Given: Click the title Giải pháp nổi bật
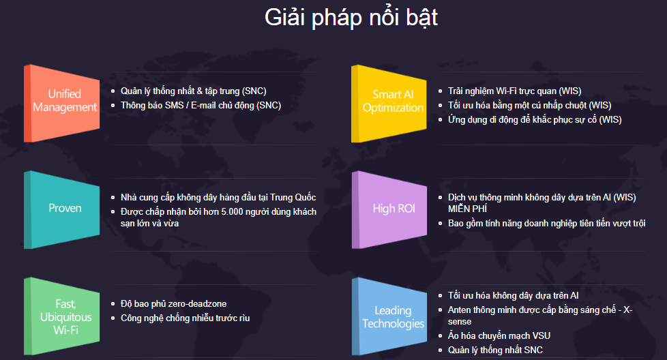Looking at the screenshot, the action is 351,18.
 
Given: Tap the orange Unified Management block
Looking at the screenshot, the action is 62,103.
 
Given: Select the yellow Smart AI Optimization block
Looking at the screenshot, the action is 389,103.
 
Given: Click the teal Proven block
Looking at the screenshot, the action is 62,209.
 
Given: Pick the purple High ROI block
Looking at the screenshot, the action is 389,209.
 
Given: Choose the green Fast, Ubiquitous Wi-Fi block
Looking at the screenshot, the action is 62,316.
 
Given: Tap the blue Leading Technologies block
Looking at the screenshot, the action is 389,316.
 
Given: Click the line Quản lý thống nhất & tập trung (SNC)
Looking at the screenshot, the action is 194,91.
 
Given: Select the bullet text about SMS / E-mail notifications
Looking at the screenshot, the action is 201,106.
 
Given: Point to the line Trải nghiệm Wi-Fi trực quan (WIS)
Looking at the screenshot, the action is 515,91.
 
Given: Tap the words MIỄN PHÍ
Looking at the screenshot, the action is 467,209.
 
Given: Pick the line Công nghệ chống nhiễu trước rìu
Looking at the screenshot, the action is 185,318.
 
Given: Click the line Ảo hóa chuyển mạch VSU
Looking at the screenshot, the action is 499,335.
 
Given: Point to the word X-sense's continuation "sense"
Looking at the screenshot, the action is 460,322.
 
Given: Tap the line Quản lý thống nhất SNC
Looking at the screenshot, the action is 495,350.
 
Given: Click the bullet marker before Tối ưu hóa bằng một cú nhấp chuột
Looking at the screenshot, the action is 441,106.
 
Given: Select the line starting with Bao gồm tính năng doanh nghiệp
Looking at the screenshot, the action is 546,223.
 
